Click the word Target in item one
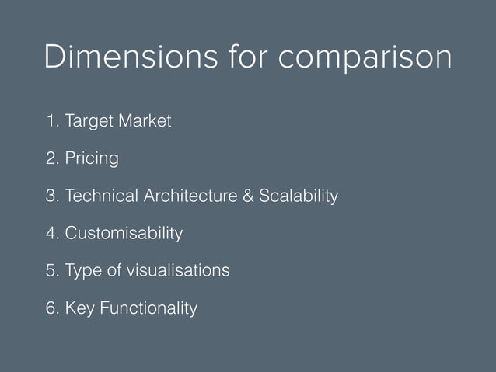pos(90,122)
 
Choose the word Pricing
pos(92,160)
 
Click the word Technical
pos(101,196)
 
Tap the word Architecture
pos(190,196)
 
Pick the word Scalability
pos(299,196)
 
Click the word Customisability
pos(124,234)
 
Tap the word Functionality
pos(148,308)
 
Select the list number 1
pos(51,122)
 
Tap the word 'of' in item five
pos(117,271)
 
